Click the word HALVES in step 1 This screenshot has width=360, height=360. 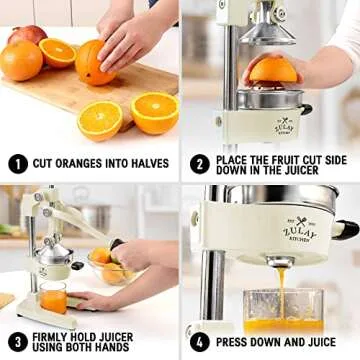[150, 163]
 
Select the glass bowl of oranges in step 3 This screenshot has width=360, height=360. [110, 268]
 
